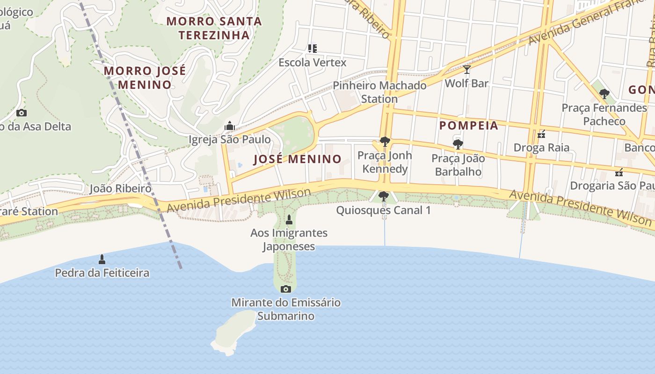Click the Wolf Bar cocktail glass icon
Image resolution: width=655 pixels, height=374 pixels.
pos(466,70)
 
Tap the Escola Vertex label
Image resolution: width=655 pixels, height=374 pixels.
pos(313,62)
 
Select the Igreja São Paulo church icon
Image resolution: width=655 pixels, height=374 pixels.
pos(229,126)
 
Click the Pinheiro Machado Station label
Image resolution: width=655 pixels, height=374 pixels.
pos(379,92)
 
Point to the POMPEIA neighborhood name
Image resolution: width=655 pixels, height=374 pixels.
pos(469,125)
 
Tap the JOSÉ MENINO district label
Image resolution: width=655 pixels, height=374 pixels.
pos(298,159)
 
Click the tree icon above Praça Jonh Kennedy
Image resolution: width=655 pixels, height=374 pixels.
pos(385,141)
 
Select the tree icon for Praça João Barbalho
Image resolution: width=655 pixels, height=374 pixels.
pos(458,144)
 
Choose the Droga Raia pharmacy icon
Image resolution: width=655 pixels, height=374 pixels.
pos(541,134)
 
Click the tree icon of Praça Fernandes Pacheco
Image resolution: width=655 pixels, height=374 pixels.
pos(604,94)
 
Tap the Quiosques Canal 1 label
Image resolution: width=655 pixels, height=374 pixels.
pos(384,210)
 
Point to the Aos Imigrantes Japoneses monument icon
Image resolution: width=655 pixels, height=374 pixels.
pos(289,219)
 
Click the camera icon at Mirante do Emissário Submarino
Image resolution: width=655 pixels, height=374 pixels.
pos(285,289)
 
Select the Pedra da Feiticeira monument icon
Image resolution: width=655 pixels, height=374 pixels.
pos(102,259)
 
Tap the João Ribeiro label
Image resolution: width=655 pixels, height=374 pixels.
pos(120,188)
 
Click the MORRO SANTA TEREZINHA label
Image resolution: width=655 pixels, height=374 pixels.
pos(214,28)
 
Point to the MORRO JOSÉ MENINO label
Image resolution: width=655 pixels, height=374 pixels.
pos(145,78)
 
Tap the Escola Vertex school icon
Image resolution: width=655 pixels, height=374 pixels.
pos(312,48)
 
